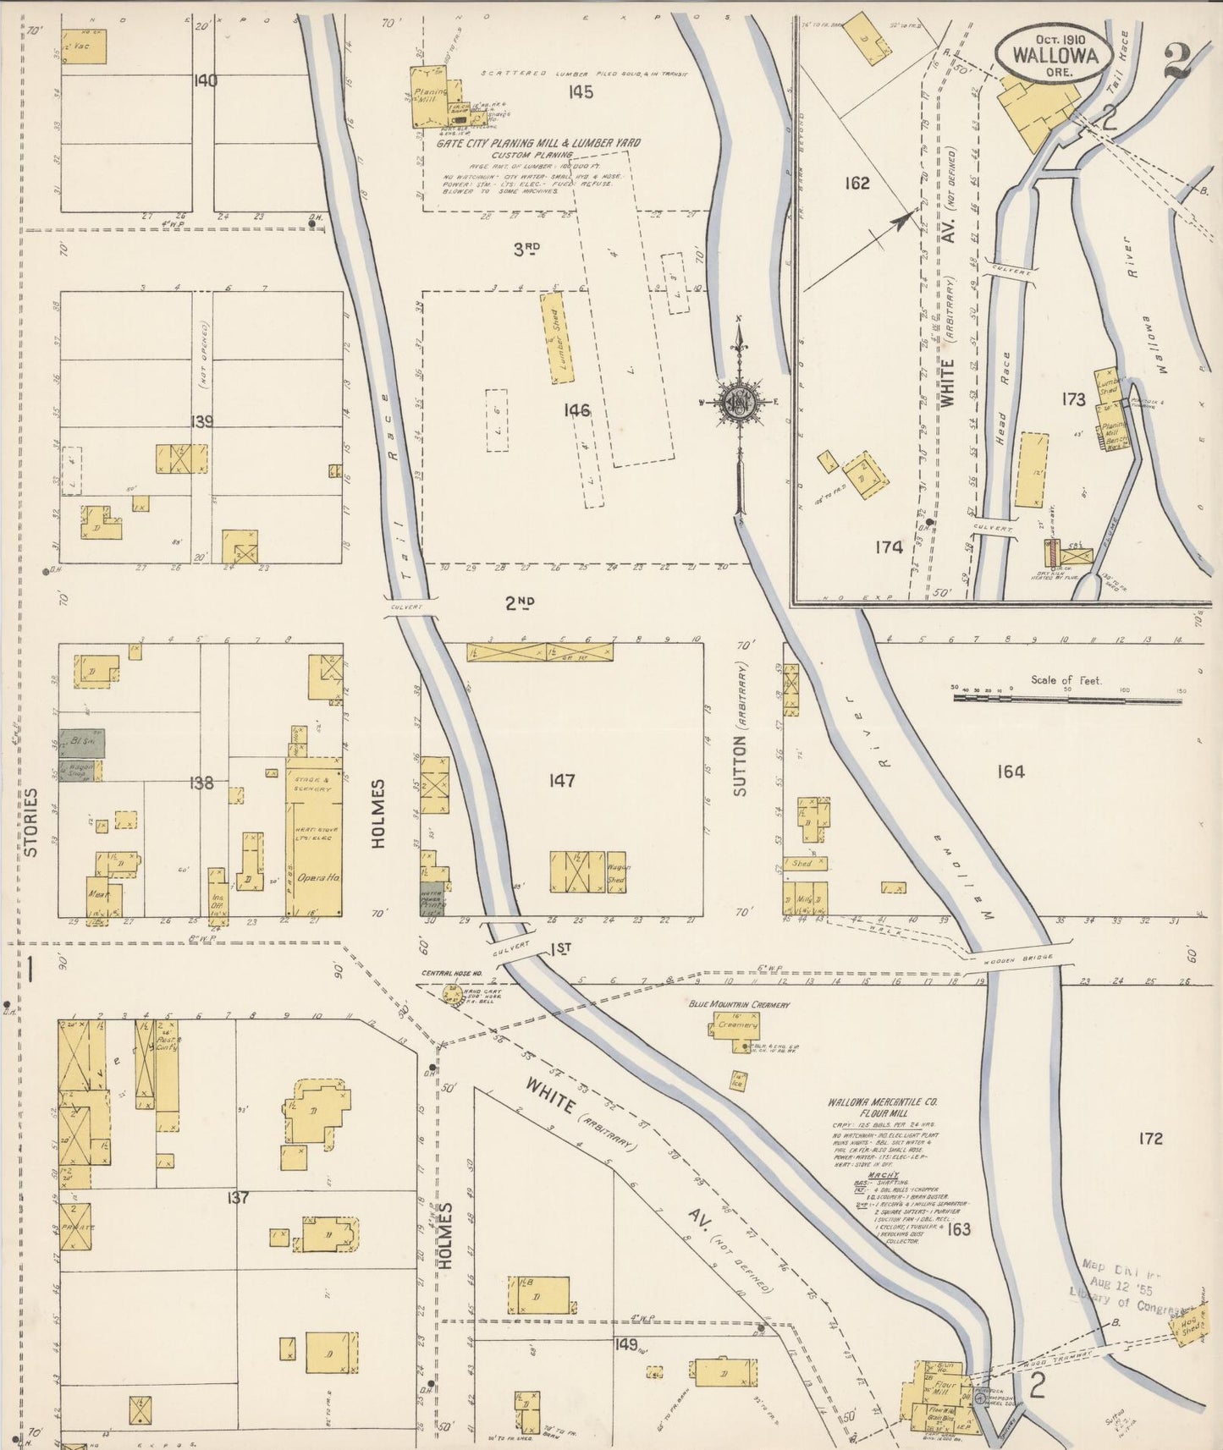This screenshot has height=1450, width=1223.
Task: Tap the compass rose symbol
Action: pos(740,403)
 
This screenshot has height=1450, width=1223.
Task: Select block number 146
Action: pos(576,410)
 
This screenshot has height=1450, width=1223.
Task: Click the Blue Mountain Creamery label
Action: pos(738,1004)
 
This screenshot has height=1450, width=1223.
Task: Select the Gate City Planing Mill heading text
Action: pos(537,143)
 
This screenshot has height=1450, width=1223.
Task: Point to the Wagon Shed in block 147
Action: pos(617,873)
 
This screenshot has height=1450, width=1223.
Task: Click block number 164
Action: pos(1011,771)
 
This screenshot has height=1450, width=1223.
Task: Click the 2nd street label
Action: pos(521,603)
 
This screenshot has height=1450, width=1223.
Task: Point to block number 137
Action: pos(238,1198)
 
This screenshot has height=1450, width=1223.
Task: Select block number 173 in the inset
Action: pos(1073,398)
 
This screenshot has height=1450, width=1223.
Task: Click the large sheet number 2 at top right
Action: pos(1177,61)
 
